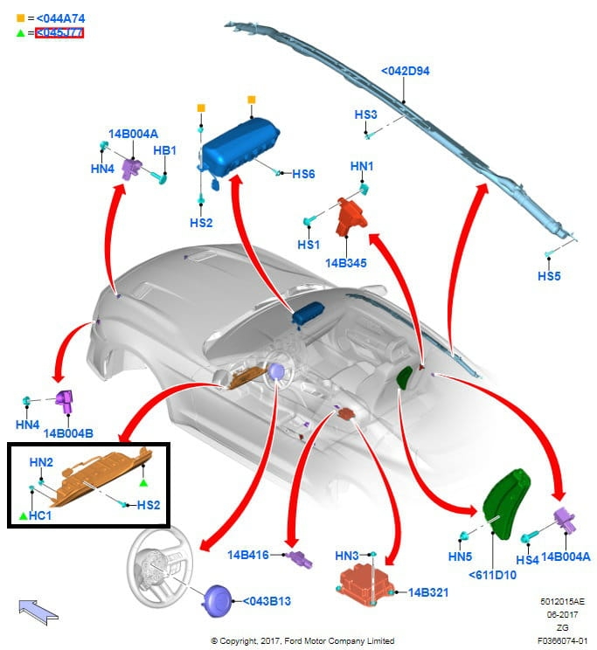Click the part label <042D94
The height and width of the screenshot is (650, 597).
[x=405, y=71]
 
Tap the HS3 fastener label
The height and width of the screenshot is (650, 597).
[x=365, y=114]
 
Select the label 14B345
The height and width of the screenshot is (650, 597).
[x=347, y=261]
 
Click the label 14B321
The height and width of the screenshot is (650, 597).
[x=427, y=592]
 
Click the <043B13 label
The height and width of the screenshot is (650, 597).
[x=267, y=600]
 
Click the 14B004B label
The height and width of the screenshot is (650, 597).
[x=68, y=432]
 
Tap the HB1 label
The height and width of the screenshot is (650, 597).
[x=165, y=150]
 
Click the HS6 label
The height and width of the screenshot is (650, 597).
[x=303, y=174]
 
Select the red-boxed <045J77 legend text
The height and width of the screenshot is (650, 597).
[x=71, y=33]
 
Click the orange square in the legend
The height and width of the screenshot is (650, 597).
[x=19, y=17]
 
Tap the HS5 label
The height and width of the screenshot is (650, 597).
[x=550, y=277]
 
